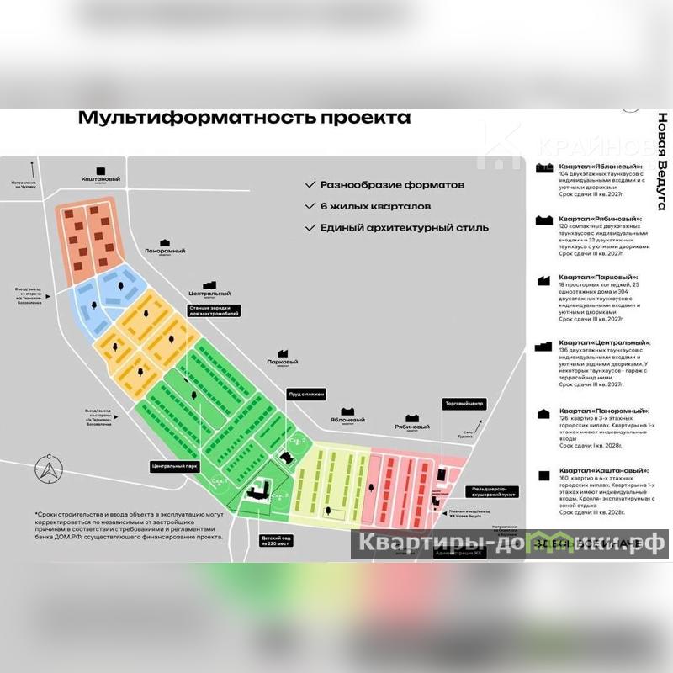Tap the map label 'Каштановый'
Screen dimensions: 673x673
101,179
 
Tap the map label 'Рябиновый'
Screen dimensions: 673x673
412,427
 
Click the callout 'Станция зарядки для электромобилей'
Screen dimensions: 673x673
214,310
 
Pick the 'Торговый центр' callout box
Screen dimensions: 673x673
465,404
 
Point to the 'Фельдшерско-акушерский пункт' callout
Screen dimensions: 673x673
495,492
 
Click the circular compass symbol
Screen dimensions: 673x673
49,472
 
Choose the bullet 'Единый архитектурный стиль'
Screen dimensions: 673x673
397,227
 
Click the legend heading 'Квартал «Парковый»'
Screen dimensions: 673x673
599,278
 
